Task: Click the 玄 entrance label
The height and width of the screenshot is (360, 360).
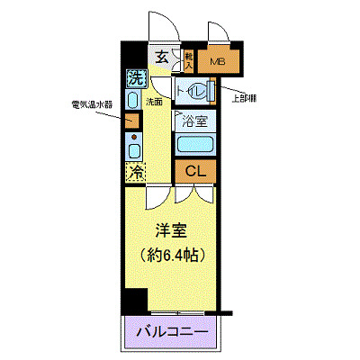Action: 162,58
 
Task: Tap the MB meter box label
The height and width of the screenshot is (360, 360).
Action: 217,62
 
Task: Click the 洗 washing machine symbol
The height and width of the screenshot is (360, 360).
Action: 135,77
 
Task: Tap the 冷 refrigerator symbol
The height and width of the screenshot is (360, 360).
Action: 135,171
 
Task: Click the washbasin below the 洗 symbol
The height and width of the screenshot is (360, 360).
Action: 132,100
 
